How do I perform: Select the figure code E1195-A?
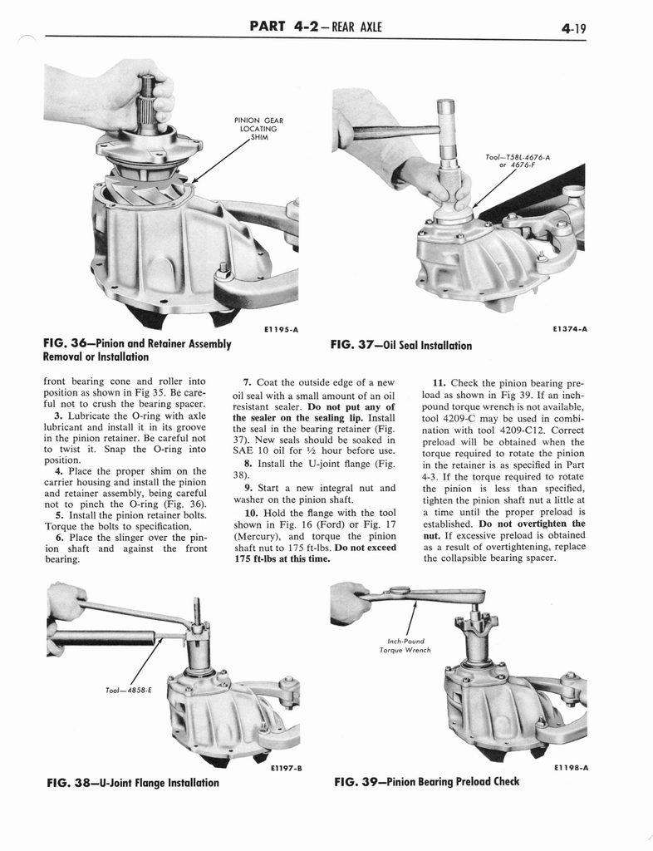[281, 330]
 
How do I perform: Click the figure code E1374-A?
[569, 329]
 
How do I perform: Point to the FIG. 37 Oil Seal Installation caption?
[400, 345]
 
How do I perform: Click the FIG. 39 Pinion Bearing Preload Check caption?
[426, 781]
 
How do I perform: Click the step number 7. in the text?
[248, 382]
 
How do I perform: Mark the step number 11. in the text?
[440, 383]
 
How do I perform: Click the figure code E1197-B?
[284, 768]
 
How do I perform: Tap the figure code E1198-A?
[571, 768]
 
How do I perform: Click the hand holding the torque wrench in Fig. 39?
[349, 601]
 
